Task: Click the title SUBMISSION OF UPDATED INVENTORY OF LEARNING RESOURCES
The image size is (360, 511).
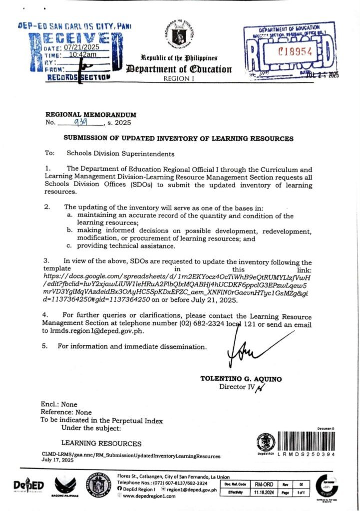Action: (178, 138)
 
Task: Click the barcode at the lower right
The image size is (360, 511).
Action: (306, 440)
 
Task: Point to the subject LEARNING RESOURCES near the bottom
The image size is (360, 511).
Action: (101, 443)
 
